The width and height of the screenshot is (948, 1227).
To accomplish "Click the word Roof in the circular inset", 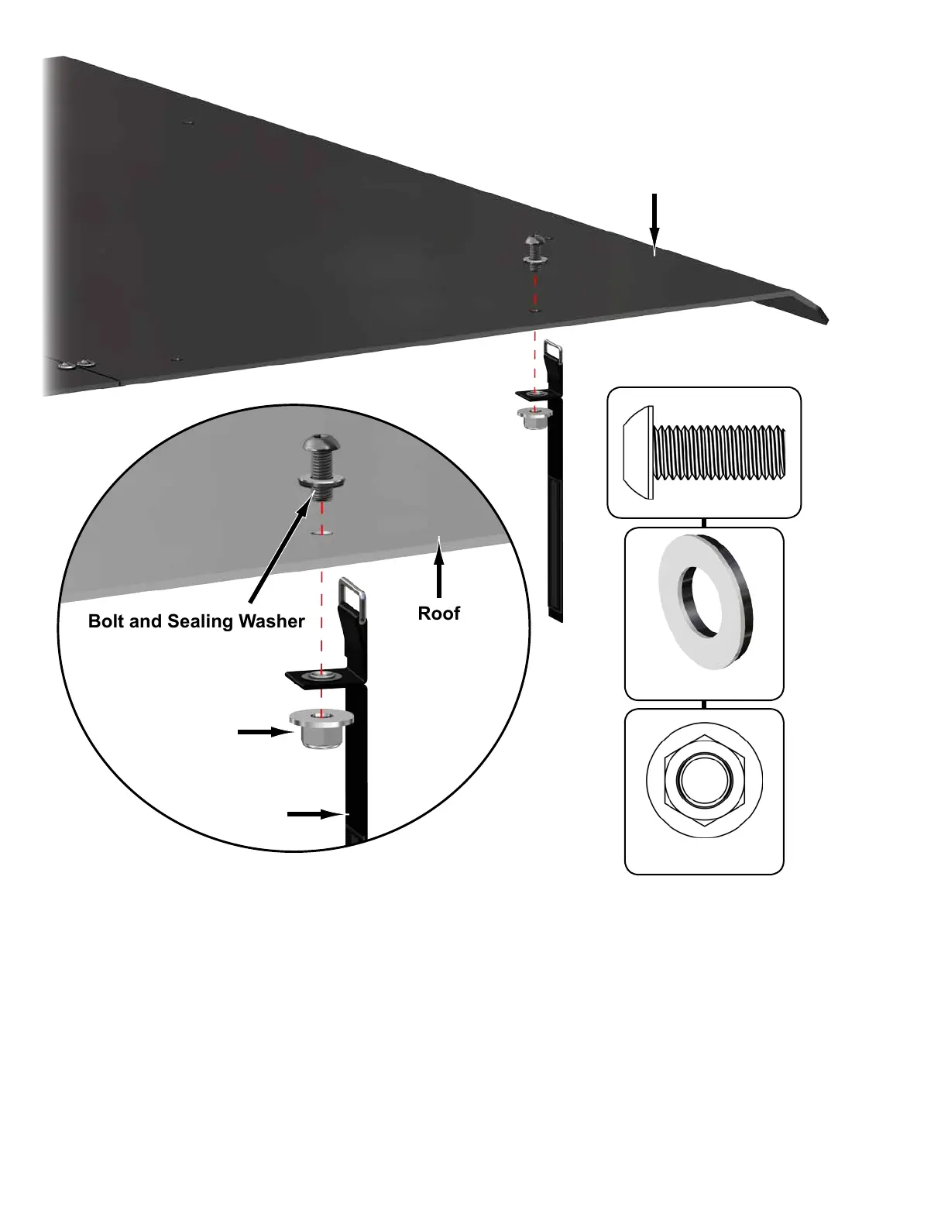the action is coord(438,613).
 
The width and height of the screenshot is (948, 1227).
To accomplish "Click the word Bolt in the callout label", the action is coord(106,621).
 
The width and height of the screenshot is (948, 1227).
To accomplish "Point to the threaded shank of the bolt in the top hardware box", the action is coord(720,452).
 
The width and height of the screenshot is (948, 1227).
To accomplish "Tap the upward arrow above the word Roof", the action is coord(439,569).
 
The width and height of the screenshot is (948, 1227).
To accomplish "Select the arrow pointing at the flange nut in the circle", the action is coord(263,732).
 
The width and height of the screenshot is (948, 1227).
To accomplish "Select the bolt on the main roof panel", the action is coord(534,247).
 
